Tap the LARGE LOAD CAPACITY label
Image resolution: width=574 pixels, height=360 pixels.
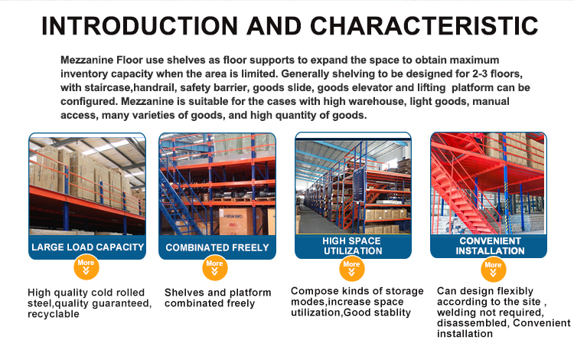[x=87, y=247]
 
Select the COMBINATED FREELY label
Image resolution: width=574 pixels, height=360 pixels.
[x=217, y=247]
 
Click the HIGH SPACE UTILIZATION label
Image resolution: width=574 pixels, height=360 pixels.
[x=352, y=246]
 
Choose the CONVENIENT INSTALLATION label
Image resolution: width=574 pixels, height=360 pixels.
[x=491, y=246]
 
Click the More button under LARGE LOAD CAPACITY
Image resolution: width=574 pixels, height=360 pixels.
[x=86, y=266]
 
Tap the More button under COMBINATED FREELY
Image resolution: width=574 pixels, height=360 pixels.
[x=215, y=267]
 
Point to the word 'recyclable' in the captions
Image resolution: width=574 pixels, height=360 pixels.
[x=54, y=314]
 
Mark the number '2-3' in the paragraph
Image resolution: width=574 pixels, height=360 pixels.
[x=474, y=74]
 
